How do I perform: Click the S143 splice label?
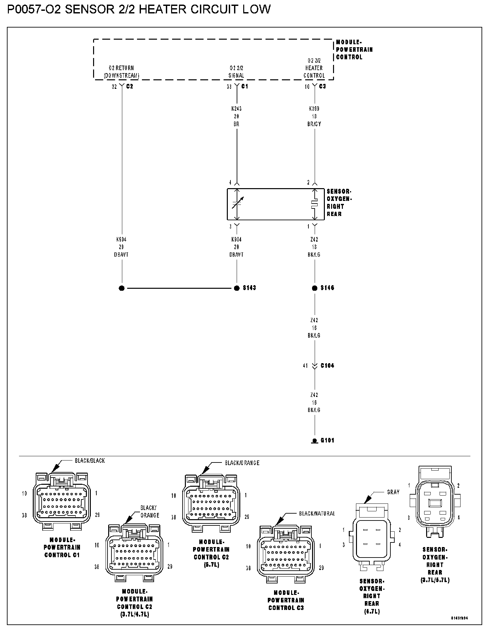(249, 288)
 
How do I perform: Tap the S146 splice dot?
(315, 288)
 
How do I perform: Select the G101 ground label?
(327, 440)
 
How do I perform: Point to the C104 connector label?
(327, 365)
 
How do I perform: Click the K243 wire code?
(236, 108)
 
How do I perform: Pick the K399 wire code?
(314, 108)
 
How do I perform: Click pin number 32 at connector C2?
(114, 87)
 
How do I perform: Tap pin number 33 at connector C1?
(229, 87)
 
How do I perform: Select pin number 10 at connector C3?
(307, 87)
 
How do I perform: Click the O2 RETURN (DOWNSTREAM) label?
(121, 72)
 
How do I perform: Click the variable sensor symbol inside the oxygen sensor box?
(237, 204)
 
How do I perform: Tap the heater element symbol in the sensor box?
(315, 204)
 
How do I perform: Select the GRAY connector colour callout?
(393, 492)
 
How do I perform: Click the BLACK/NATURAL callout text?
(317, 514)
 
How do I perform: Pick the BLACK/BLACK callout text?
(90, 461)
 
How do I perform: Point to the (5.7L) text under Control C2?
(211, 565)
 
